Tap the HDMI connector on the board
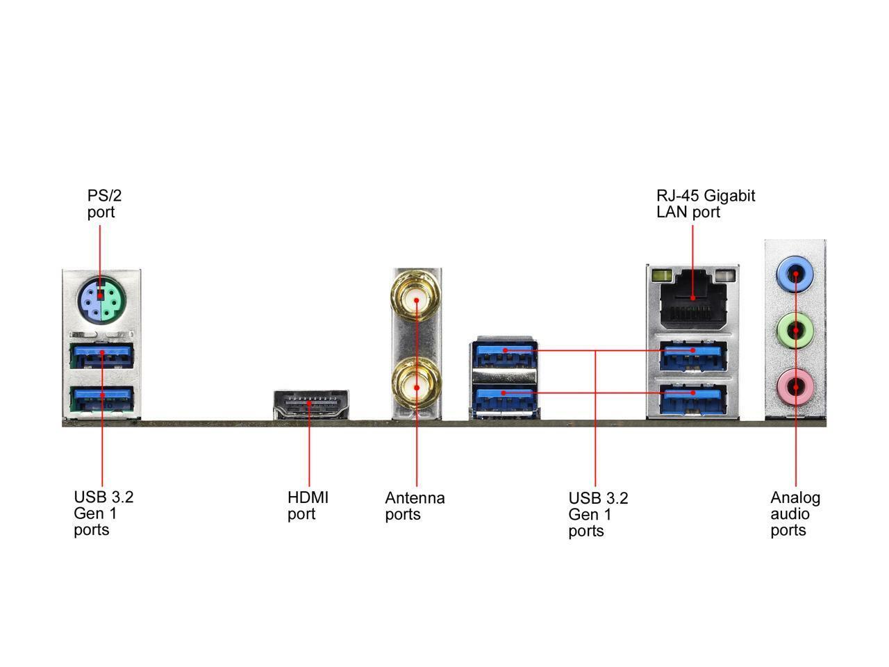point(310,404)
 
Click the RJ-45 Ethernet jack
point(692,300)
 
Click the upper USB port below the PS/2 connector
point(101,355)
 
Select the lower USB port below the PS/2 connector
point(101,398)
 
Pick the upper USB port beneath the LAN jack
point(692,355)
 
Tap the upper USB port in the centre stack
point(505,354)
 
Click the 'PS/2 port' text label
point(104,204)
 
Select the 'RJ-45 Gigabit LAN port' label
point(705,204)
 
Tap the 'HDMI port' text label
point(308,506)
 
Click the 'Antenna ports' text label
point(415,506)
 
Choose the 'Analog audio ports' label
point(795,514)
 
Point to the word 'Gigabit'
point(730,196)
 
